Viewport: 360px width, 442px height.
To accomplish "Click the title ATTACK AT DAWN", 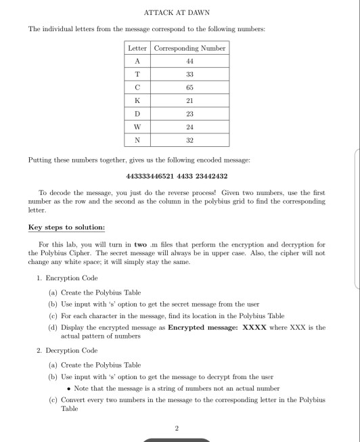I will pyautogui.click(x=179, y=12).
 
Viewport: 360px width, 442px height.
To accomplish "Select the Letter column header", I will pyautogui.click(x=138, y=48).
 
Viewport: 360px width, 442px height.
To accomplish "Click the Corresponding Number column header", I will pyautogui.click(x=190, y=48).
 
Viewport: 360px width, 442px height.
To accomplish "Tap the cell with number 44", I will pyautogui.click(x=190, y=60).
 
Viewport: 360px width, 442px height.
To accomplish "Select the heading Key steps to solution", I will pyautogui.click(x=66, y=227).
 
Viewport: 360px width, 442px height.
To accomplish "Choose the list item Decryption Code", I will pyautogui.click(x=71, y=351).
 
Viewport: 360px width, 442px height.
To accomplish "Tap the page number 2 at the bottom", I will pyautogui.click(x=177, y=428).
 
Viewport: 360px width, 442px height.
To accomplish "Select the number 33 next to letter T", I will pyautogui.click(x=190, y=74).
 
